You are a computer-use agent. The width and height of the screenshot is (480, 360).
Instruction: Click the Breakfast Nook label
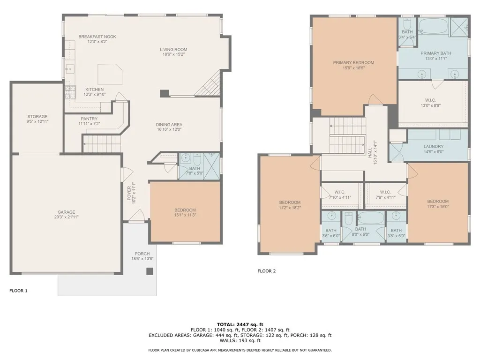tap(97, 37)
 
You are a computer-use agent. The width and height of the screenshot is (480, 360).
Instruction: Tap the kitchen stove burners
tap(70, 92)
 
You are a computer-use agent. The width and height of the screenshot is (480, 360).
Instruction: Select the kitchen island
tap(110, 75)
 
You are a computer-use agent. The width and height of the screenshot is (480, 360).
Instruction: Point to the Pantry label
tap(89, 119)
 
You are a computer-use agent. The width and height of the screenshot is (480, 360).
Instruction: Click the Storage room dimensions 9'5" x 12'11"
tap(37, 121)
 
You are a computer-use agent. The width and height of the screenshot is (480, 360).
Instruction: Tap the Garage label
tap(67, 212)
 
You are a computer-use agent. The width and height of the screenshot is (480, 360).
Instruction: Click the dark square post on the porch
tap(150, 271)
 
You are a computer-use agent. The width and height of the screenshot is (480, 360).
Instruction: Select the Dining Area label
tap(169, 125)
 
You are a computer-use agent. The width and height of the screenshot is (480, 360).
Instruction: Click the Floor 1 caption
tap(18, 291)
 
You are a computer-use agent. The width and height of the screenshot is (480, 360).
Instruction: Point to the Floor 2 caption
tap(267, 271)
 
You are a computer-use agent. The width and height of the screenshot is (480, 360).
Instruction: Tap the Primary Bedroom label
tap(353, 63)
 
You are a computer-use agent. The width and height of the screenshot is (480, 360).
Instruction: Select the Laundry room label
tap(434, 147)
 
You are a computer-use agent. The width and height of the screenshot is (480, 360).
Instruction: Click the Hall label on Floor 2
tap(370, 152)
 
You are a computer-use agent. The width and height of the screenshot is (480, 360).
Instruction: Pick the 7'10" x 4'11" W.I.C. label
tap(340, 197)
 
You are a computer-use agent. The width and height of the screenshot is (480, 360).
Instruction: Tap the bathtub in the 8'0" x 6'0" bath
tap(371, 217)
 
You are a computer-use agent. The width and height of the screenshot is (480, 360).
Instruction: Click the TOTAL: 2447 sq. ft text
tap(240, 324)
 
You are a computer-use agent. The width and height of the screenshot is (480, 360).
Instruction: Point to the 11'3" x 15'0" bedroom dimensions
tap(438, 207)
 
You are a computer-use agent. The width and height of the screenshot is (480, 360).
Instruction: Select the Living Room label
tap(173, 50)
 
